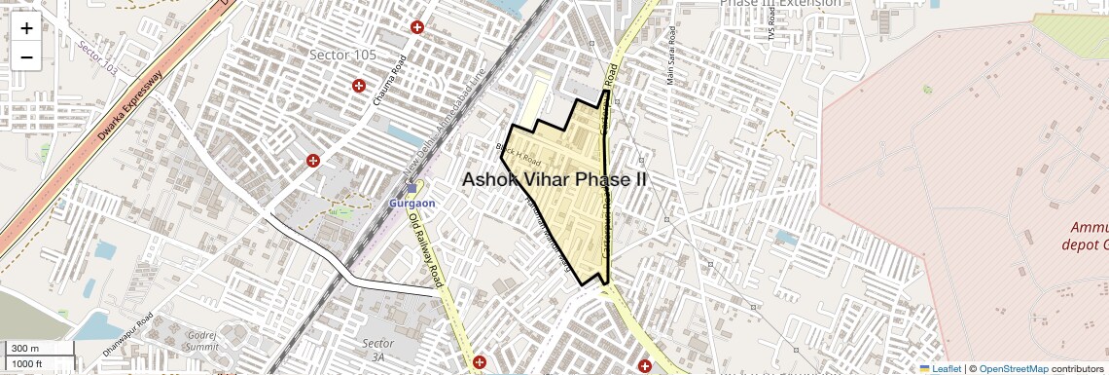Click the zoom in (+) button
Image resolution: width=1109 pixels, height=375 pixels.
(x=26, y=27)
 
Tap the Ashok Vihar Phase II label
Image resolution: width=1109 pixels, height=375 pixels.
(x=554, y=180)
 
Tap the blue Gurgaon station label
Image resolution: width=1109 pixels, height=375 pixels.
(x=411, y=203)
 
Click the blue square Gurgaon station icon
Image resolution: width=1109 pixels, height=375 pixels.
(x=411, y=188)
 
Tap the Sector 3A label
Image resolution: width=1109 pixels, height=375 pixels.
(x=377, y=350)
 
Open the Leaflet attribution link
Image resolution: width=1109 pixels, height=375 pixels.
(x=940, y=368)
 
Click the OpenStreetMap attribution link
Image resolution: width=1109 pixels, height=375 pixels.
(x=1013, y=368)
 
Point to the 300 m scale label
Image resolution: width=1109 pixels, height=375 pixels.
(x=26, y=349)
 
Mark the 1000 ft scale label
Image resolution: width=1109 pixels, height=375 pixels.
(x=29, y=363)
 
